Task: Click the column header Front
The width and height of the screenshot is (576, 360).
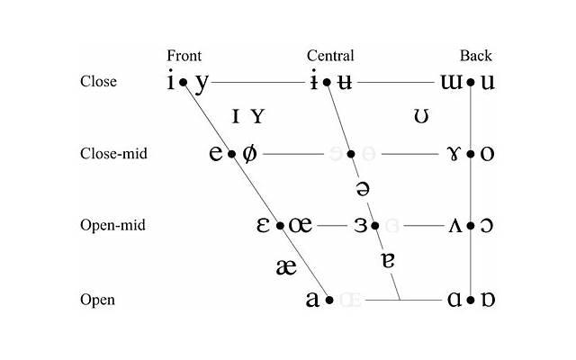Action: [x=184, y=56]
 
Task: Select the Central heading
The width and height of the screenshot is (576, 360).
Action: [x=330, y=56]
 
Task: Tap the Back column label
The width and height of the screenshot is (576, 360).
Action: [x=476, y=56]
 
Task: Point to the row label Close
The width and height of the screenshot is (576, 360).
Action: [x=98, y=81]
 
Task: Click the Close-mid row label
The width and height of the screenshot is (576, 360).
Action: [x=113, y=154]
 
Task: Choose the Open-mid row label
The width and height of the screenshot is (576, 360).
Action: [x=113, y=225]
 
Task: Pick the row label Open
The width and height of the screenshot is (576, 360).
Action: [x=97, y=299]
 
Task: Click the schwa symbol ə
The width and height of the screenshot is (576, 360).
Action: [x=363, y=189]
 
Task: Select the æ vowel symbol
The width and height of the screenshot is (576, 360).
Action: [x=286, y=266]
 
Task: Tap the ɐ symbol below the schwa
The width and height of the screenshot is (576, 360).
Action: [x=388, y=261]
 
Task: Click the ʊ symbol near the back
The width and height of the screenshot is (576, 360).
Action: [x=419, y=117]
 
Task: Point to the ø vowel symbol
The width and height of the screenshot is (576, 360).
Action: [x=249, y=153]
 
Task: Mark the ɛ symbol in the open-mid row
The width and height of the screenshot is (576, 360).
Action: [x=265, y=225]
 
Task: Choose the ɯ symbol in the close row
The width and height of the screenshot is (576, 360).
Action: [x=451, y=82]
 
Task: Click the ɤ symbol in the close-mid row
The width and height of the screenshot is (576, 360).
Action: [x=454, y=153]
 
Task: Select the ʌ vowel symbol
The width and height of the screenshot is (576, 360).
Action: [x=455, y=225]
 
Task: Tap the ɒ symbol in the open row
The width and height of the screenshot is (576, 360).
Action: [x=487, y=299]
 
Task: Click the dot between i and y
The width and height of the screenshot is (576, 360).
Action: [x=183, y=82]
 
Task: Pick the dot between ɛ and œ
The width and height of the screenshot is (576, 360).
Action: [x=280, y=226]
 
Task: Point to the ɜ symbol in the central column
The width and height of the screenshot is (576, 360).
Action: [x=361, y=225]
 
